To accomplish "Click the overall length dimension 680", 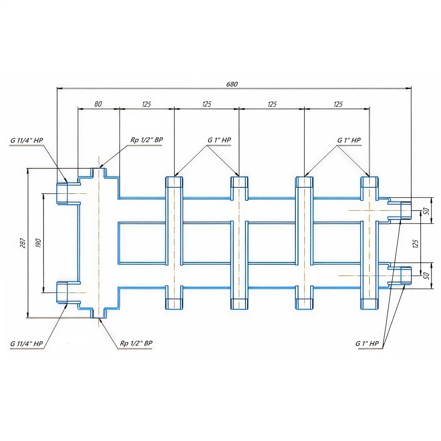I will click(x=232, y=84).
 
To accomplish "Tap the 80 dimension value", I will click(x=98, y=104).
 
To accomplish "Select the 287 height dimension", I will click(x=24, y=243).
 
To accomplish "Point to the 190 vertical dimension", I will click(x=39, y=243).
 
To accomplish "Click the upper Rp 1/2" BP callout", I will click(x=146, y=140).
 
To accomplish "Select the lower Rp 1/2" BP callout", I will click(x=136, y=343).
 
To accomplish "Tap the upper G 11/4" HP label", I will click(x=27, y=140).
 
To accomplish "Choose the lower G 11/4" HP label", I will click(x=27, y=344).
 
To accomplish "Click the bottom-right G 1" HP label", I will click(x=367, y=343).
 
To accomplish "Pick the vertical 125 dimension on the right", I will click(x=415, y=243).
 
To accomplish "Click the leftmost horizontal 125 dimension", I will click(x=146, y=104).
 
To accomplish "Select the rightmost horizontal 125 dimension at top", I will click(x=338, y=104).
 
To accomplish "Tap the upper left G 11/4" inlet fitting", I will click(x=62, y=193).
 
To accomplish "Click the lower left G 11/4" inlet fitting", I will click(x=62, y=292).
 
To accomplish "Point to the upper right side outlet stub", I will click(x=405, y=210).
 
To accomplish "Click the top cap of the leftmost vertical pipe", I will click(x=174, y=182).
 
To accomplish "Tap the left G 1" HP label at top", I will click(x=219, y=140).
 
